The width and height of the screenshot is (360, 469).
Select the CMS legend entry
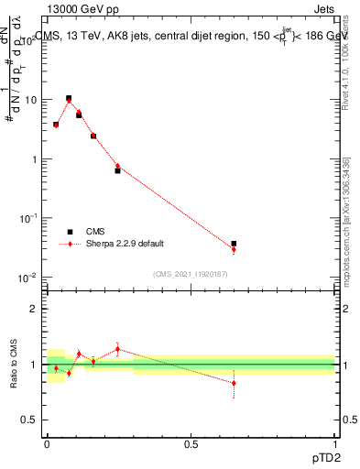94,232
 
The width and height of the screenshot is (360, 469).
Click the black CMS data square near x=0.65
234,244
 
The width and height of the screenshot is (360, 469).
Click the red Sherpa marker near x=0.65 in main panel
234,249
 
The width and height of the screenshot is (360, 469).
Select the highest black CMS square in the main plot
69,98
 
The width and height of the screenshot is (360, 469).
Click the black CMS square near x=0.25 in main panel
117,170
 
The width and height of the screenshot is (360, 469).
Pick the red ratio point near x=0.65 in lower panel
234,383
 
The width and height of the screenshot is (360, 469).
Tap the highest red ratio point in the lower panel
117,349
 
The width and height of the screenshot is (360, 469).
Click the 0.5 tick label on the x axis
190,443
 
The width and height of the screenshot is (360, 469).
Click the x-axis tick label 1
334,443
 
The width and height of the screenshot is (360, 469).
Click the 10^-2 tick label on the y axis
28,278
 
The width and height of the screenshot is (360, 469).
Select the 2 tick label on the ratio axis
35,309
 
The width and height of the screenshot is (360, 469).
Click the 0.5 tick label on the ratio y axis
30,420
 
